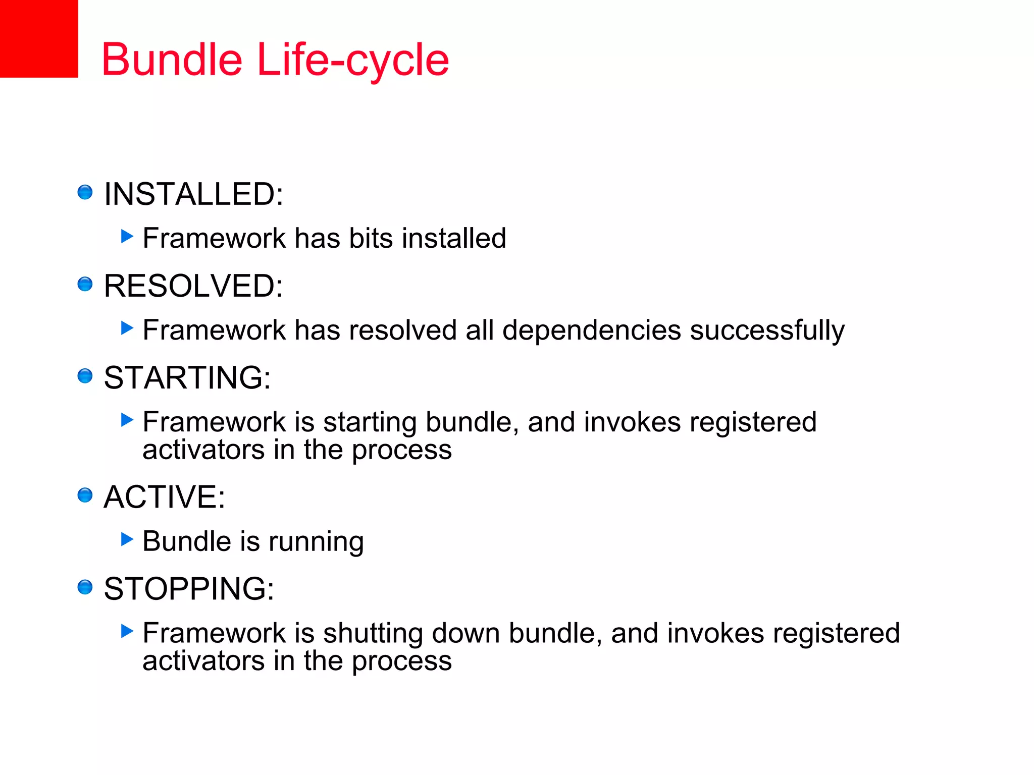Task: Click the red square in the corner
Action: [38, 38]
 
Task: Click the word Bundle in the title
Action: [172, 60]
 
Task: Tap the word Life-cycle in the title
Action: [353, 61]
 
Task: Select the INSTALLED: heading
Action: [193, 194]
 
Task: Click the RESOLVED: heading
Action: [193, 286]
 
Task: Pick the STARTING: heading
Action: [187, 377]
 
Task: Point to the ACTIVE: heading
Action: [164, 496]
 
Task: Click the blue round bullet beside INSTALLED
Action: [85, 192]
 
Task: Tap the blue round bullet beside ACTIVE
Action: [85, 495]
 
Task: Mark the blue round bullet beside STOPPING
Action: [85, 587]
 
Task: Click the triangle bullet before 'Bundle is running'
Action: [127, 539]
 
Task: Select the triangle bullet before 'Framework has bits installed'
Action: [127, 236]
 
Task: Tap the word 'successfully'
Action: [767, 330]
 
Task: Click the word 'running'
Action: [316, 542]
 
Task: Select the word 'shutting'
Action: [373, 634]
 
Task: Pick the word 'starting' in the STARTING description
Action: [370, 423]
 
